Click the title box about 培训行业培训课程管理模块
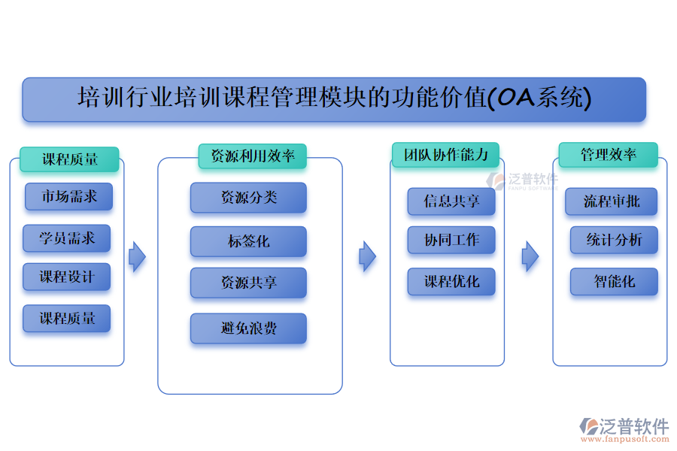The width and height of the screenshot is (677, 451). (334, 99)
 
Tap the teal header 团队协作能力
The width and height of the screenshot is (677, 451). (445, 155)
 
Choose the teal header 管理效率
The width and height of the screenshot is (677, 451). (608, 155)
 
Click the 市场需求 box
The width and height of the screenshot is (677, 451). (68, 197)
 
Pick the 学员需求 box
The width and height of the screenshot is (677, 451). (67, 238)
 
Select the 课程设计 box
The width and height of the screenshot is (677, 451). (67, 277)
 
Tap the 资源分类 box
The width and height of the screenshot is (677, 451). (248, 198)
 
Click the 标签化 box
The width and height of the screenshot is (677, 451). (248, 241)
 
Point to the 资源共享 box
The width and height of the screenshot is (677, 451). (248, 283)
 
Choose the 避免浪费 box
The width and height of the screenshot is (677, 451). (248, 328)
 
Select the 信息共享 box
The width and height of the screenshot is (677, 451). (451, 201)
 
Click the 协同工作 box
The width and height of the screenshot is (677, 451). (451, 240)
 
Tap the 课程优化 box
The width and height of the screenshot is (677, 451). (451, 282)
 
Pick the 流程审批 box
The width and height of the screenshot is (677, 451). (611, 201)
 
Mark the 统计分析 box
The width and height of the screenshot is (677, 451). (614, 240)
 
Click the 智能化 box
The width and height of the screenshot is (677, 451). (614, 282)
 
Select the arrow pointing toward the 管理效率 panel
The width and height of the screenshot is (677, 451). (530, 256)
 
